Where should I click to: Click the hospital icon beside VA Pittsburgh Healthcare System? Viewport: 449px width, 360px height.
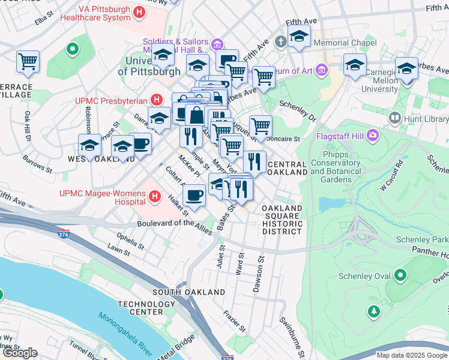click(x=140, y=11)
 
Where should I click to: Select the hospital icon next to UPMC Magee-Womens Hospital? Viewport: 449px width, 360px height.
click(x=155, y=196)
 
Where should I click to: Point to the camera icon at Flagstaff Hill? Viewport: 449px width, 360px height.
click(x=373, y=134)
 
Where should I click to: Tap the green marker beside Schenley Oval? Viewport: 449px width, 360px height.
click(x=400, y=276)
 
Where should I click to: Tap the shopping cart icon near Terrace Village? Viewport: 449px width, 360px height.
click(x=28, y=61)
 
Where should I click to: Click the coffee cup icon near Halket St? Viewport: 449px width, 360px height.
click(x=194, y=195)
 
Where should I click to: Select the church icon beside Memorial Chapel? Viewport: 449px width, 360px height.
click(x=280, y=43)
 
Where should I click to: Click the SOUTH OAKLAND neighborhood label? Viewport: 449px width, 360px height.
click(x=188, y=292)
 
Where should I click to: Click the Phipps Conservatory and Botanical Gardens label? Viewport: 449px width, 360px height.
click(x=336, y=163)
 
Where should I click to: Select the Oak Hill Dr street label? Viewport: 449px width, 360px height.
click(x=28, y=126)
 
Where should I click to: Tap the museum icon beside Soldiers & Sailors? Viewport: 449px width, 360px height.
click(x=217, y=44)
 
